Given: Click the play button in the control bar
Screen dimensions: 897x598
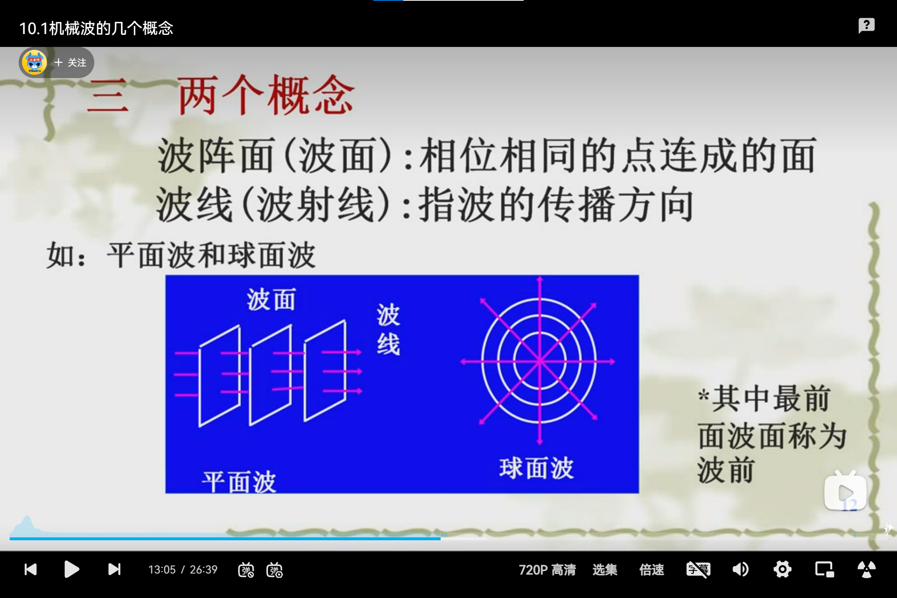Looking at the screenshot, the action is (72, 569).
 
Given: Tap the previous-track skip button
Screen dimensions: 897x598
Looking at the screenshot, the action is (31, 569).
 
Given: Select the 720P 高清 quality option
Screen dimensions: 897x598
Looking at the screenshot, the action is (547, 570).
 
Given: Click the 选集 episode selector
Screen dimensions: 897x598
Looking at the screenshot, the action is (605, 570).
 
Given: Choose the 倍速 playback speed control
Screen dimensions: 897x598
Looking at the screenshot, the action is (652, 570).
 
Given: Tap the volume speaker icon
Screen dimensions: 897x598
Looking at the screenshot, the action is (740, 569).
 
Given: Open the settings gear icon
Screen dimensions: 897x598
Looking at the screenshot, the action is (782, 569).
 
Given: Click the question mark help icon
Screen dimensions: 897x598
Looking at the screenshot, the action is (867, 25).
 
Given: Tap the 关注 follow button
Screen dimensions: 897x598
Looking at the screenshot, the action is (71, 63).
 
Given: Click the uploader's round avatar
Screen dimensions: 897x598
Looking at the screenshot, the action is (34, 63).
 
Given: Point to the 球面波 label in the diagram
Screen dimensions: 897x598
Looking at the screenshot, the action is (536, 468).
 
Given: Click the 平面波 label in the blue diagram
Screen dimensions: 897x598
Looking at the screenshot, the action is (239, 482).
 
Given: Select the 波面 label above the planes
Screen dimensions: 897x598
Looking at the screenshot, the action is (271, 299).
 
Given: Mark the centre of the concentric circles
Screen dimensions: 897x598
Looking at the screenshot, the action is (539, 361).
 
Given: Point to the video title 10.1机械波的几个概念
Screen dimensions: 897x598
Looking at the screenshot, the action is (96, 28).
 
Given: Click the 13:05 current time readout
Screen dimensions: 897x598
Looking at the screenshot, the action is (162, 570).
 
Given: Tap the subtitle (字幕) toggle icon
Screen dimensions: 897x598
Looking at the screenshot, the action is (698, 569).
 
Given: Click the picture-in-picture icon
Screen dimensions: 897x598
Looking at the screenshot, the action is (824, 569).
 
